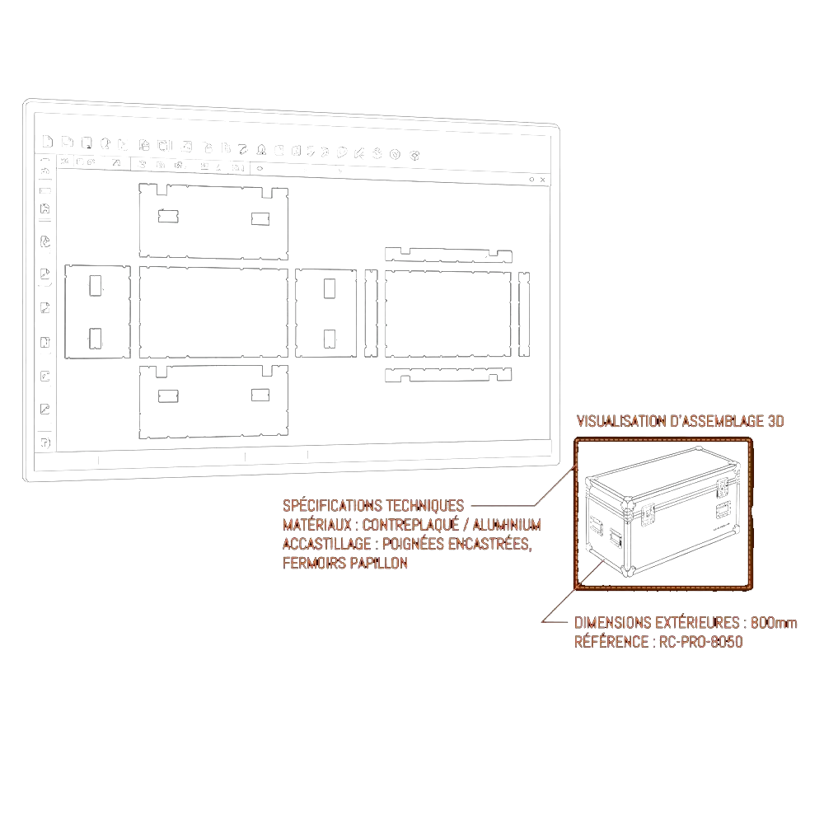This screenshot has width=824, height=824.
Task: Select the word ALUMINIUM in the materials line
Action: [507, 524]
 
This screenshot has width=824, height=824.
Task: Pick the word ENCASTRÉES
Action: [489, 543]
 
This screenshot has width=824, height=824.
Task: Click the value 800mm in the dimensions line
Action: [774, 623]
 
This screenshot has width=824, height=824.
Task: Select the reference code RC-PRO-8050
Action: [700, 642]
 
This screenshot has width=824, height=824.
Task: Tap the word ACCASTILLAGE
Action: [327, 543]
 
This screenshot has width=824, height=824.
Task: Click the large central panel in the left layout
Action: [213, 312]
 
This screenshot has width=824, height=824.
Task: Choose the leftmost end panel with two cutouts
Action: [98, 311]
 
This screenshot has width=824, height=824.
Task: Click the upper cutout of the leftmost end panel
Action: [96, 285]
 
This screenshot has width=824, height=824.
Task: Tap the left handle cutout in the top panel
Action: [168, 216]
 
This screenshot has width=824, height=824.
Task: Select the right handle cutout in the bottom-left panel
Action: [260, 395]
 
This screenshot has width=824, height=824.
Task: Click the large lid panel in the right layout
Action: [447, 314]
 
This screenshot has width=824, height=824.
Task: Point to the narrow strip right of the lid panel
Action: [524, 314]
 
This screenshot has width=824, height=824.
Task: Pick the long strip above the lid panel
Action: [448, 255]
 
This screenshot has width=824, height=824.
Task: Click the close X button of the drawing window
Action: [543, 180]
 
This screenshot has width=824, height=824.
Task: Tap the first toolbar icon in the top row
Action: [47, 141]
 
